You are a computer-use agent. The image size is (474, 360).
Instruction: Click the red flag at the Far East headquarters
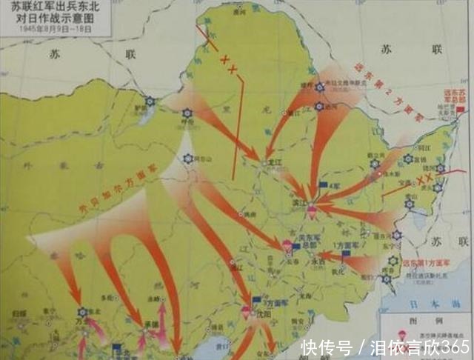(461, 110)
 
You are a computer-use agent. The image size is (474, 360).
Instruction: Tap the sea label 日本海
(444, 304)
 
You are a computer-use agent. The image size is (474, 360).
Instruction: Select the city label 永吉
(318, 261)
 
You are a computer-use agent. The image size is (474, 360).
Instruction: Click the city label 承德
(153, 323)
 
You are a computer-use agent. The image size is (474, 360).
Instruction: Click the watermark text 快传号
(326, 347)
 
